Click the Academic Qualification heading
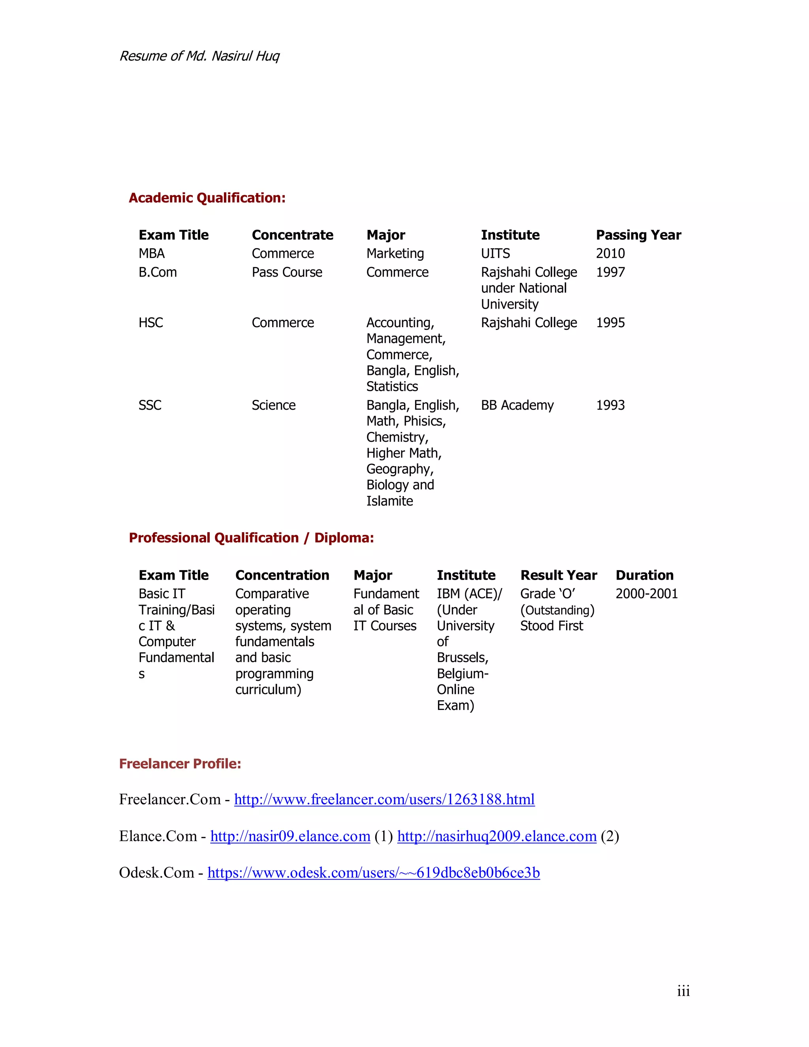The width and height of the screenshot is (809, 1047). point(207,198)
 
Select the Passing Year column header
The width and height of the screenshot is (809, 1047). point(638,235)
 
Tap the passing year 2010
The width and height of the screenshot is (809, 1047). point(610,253)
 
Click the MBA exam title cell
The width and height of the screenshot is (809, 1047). point(151,253)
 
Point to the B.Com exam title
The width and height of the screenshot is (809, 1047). point(158,272)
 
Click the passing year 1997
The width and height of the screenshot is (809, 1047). point(610,272)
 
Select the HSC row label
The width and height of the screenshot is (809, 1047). point(151,323)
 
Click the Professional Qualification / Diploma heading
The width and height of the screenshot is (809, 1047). point(251,538)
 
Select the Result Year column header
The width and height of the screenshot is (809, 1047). point(558,575)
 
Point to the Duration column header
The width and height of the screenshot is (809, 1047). point(644,575)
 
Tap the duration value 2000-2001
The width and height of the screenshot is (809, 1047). point(647,594)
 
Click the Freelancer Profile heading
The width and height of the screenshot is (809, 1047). point(180,764)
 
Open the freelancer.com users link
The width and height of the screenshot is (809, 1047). point(384,799)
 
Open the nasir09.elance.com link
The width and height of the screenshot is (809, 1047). point(290,836)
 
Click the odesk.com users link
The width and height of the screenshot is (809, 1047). point(373,872)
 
